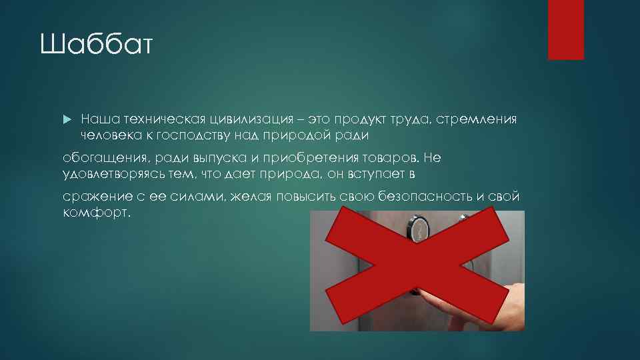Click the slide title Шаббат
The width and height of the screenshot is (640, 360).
click(97, 47)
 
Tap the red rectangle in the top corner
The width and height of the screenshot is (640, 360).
click(565, 29)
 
